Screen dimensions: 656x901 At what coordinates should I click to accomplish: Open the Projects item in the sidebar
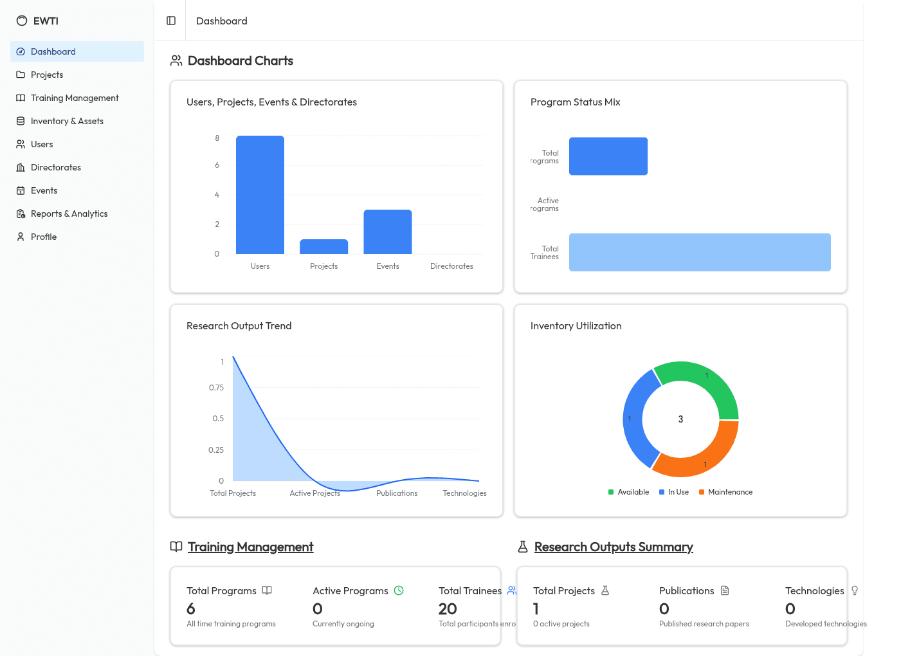pos(47,75)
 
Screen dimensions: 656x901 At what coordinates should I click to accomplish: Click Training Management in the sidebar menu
pos(75,98)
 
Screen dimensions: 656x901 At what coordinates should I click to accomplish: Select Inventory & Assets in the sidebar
pos(67,121)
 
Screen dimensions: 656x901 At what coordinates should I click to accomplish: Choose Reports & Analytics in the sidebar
pos(69,214)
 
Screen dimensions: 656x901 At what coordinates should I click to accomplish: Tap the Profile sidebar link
pos(44,237)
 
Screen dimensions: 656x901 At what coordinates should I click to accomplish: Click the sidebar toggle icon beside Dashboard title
pos(171,21)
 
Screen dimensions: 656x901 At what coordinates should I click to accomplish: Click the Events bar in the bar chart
pos(387,232)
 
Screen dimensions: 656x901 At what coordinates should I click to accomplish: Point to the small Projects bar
pos(323,247)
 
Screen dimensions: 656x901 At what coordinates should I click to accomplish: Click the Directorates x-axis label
pos(451,266)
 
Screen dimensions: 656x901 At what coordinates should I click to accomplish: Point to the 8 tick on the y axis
pos(217,138)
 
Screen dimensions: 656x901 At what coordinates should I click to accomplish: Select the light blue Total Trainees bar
pos(700,252)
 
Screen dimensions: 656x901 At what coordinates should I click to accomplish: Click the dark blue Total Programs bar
pos(608,156)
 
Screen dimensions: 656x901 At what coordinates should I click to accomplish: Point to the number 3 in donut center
pos(680,419)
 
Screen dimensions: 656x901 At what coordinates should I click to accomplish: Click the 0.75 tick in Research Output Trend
pos(216,388)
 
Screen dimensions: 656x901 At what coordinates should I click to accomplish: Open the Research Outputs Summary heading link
pos(614,547)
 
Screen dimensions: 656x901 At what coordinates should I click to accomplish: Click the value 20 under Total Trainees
pos(448,608)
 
